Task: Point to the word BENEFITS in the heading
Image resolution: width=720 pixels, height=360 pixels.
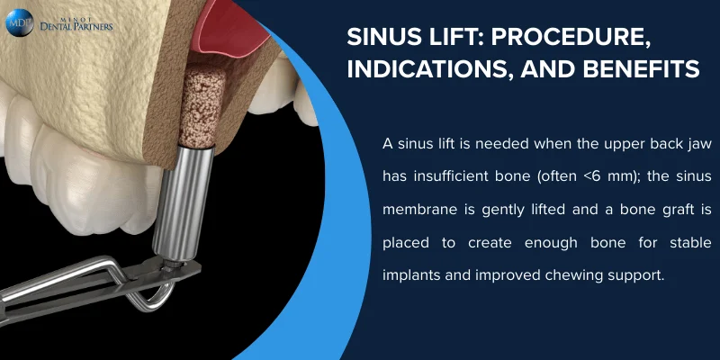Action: point(643,69)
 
